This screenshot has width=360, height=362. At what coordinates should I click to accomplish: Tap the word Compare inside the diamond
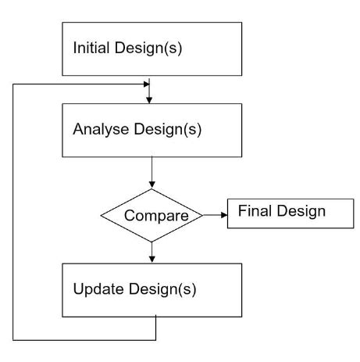click(x=151, y=214)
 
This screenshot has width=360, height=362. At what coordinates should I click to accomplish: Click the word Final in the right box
click(x=255, y=210)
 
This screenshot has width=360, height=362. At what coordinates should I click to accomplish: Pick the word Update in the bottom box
click(x=95, y=289)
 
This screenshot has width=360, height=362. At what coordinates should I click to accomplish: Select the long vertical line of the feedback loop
click(x=13, y=211)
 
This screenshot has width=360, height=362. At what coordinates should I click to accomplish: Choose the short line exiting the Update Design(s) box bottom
click(x=156, y=328)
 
